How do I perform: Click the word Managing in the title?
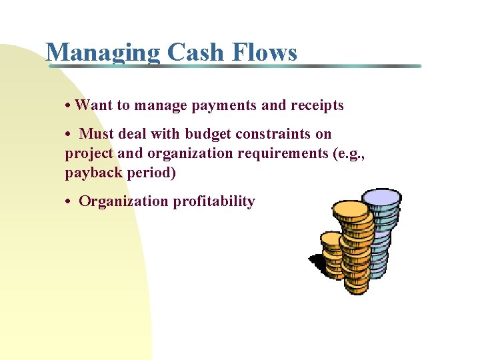[103, 52]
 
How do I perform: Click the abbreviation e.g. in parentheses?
[351, 153]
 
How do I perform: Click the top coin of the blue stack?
[381, 197]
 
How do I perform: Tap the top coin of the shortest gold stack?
[331, 239]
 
